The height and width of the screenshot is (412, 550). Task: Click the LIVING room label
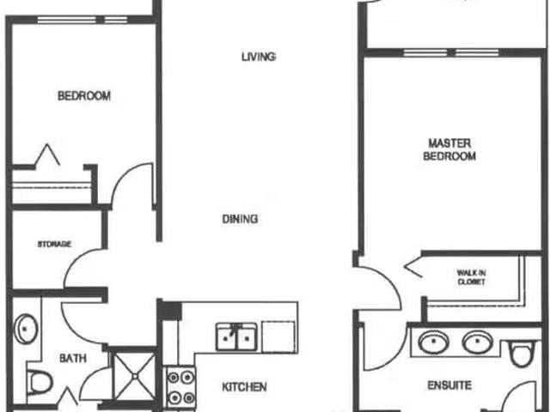coord(259,57)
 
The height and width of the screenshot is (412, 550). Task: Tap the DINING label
coord(241,219)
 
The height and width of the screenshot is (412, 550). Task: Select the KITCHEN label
coord(244,387)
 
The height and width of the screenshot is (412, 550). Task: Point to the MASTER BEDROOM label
coord(449,149)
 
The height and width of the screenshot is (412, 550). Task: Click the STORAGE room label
coord(54,244)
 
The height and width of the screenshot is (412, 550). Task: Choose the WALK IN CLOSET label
coord(471,277)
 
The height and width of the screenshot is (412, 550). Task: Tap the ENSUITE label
coord(449,385)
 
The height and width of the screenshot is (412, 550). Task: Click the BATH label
coord(73,358)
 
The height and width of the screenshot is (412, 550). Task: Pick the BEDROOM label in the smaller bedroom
coord(84,95)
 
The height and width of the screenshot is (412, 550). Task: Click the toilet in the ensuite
coord(522,353)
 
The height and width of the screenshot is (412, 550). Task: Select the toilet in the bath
coord(40,382)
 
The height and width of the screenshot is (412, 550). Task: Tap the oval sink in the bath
coord(26,329)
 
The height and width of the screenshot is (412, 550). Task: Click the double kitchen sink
coord(236,336)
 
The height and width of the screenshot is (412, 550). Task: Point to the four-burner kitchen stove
coord(180,388)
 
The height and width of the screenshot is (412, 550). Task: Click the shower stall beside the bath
coord(134,376)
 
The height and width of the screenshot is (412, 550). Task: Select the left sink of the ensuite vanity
coord(434,342)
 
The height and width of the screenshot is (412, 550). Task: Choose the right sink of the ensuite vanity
coord(478,342)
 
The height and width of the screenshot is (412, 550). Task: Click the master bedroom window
coord(451,53)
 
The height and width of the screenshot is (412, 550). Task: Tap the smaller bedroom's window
coord(82,20)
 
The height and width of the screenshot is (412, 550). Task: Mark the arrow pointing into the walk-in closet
coord(412,266)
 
